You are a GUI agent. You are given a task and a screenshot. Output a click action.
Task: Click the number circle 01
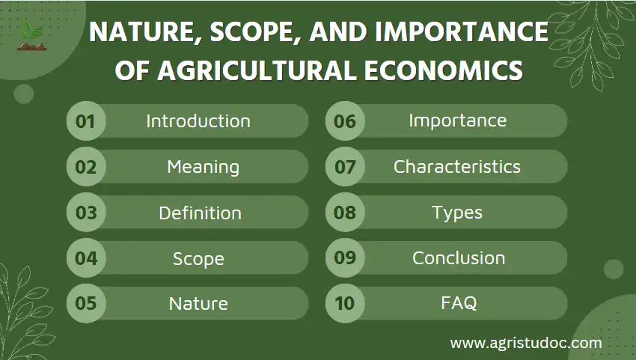86,121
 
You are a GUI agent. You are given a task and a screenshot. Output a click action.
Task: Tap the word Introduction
198,121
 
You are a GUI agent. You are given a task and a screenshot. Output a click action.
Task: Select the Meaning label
203,167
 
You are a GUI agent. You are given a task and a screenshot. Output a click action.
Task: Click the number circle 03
86,213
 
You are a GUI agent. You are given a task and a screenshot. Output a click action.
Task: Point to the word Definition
200,213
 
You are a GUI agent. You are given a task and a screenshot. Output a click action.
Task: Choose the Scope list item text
198,258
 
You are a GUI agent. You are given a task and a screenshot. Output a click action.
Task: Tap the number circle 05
86,304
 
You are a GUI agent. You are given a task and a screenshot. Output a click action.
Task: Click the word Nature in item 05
198,304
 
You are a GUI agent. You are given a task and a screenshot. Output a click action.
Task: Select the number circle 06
345,121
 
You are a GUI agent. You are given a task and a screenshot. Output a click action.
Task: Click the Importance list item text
457,120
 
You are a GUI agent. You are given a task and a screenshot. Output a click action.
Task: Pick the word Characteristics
457,167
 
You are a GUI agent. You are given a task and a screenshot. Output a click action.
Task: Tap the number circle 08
345,213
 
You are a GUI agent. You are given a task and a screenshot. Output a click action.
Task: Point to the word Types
457,213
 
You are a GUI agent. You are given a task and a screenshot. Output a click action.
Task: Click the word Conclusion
459,258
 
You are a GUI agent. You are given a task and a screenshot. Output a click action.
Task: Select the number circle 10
345,304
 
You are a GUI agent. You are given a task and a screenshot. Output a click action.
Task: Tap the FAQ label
459,304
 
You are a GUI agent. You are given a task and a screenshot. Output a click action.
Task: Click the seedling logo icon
31,35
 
